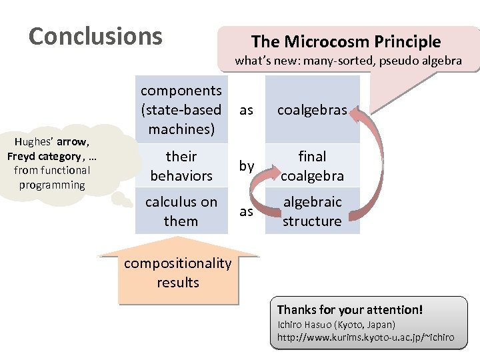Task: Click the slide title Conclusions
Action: point(95,36)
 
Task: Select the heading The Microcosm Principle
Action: point(345,42)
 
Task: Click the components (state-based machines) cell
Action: point(181,109)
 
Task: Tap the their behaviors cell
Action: point(181,166)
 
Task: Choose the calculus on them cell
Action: point(181,211)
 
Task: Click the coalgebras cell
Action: point(312,110)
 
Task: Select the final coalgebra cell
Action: point(312,166)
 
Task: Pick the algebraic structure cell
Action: point(312,211)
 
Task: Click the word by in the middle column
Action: point(247,166)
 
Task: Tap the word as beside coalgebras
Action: point(247,110)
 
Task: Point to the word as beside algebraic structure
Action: point(247,211)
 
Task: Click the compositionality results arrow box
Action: point(177,273)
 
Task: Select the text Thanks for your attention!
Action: point(349,310)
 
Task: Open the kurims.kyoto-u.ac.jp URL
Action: point(365,337)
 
